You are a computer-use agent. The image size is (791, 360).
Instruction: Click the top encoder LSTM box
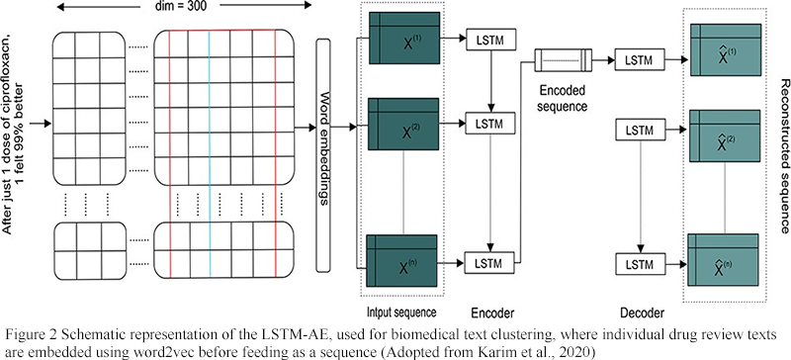click(x=487, y=38)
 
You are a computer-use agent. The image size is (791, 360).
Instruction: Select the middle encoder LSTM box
click(x=487, y=124)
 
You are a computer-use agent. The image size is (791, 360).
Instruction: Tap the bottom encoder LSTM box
click(x=487, y=261)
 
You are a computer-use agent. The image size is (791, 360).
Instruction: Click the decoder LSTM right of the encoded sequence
click(x=633, y=61)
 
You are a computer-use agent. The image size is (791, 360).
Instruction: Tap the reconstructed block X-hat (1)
click(x=729, y=57)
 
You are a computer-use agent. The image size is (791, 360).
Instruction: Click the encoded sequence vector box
click(x=562, y=61)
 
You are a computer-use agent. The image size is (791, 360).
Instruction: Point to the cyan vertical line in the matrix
click(x=210, y=138)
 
